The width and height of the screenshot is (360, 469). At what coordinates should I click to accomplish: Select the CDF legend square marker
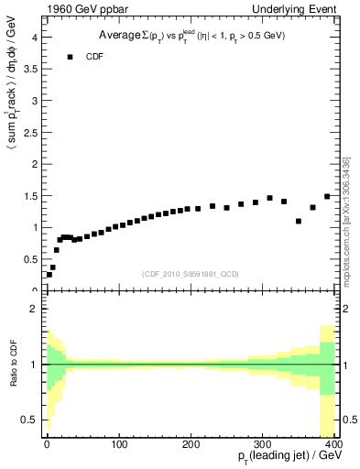click(x=70, y=57)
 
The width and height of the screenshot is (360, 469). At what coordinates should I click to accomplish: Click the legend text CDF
click(x=94, y=57)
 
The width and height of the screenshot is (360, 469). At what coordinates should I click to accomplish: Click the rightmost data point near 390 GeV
click(x=327, y=196)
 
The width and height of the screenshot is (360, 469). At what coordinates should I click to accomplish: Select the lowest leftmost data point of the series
click(x=49, y=274)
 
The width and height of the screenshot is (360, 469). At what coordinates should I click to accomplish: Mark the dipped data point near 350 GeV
click(x=299, y=221)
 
